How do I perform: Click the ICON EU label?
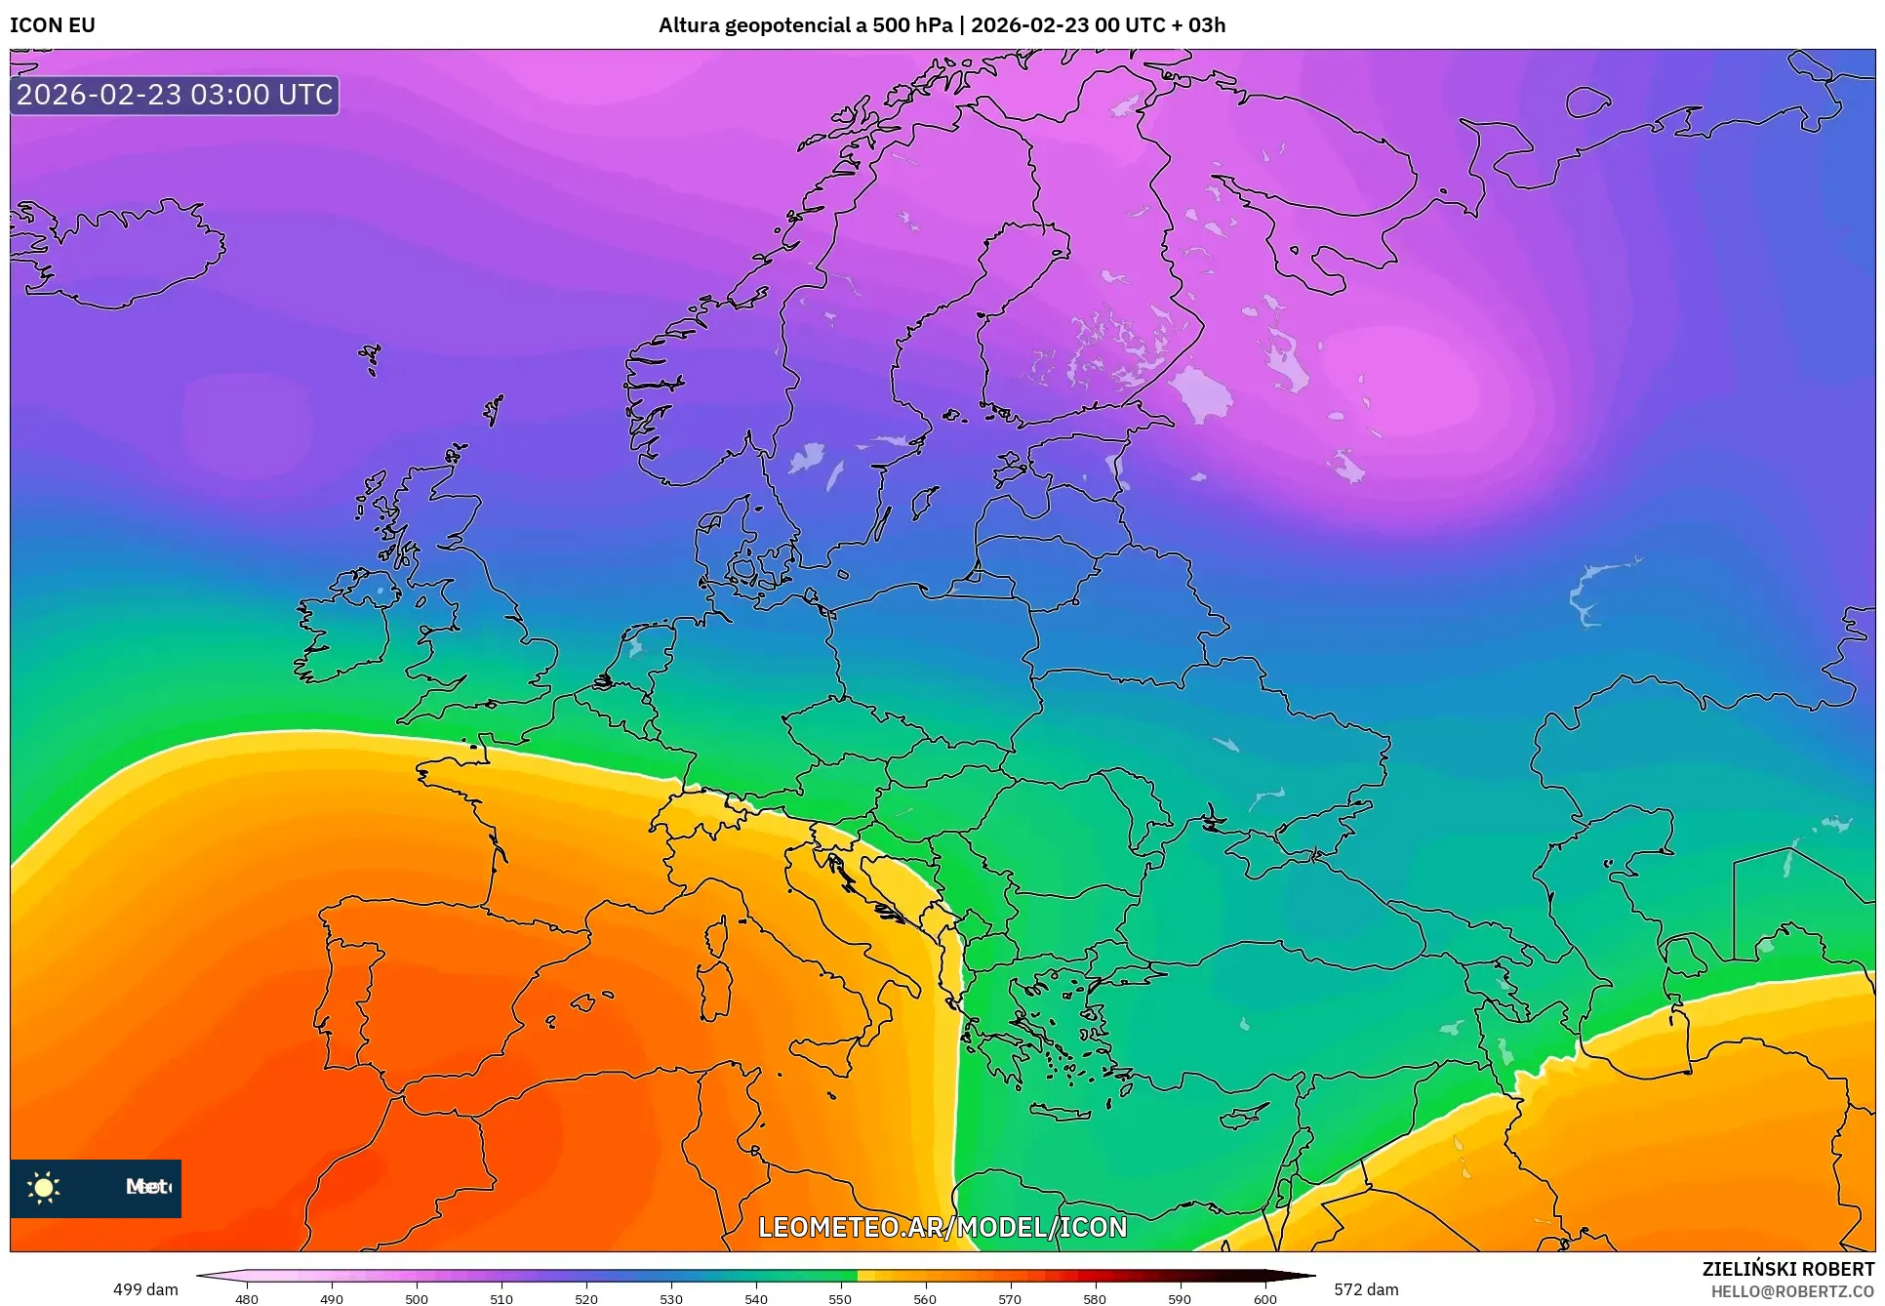(53, 25)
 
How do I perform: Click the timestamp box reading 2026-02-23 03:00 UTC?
(175, 95)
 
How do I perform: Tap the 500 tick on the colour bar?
(417, 1298)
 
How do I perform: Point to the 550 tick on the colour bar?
(840, 1298)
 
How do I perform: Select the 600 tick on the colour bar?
(1264, 1298)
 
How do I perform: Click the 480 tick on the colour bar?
(247, 1298)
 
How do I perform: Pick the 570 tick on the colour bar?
(1010, 1298)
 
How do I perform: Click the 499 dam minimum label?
(145, 1289)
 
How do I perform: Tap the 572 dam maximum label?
(1366, 1289)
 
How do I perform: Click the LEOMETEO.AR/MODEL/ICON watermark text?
(942, 1227)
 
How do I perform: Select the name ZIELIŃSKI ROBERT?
(1787, 1269)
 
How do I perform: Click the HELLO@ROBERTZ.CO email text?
(1792, 1291)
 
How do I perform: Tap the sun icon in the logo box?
(44, 1187)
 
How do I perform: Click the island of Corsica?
(717, 935)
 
